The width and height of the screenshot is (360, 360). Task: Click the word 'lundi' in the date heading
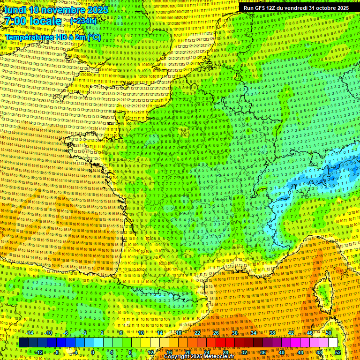tap(15, 9)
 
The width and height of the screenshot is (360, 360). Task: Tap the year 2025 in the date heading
tap(97, 9)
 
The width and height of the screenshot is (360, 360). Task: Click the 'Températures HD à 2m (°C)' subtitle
tap(53, 37)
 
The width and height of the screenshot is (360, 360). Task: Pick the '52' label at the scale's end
tap(338, 352)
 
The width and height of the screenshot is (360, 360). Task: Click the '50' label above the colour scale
tap(329, 333)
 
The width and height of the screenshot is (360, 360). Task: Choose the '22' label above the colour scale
tap(197, 333)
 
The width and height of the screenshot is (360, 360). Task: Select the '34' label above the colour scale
tap(254, 333)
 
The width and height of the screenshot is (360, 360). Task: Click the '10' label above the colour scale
tap(141, 333)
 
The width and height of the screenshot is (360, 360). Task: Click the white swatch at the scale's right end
tap(333, 343)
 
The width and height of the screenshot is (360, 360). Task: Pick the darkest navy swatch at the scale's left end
tap(24, 343)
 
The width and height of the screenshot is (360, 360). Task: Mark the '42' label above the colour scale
tap(291, 333)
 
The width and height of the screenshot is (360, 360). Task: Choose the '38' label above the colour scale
tap(272, 333)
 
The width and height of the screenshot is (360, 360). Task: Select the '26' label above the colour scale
tap(216, 333)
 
